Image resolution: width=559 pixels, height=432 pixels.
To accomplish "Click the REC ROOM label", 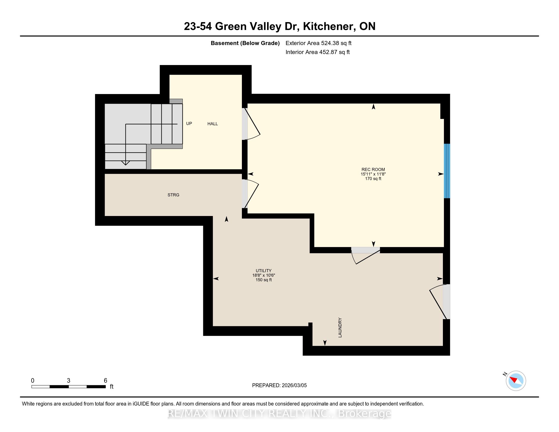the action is (373, 169).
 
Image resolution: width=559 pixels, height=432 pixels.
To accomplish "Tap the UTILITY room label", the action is (264, 271).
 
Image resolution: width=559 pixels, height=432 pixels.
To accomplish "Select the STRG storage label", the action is (173, 195).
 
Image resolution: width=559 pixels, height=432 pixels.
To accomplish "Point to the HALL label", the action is (212, 124).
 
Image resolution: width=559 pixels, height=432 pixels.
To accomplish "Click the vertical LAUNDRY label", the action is (340, 327).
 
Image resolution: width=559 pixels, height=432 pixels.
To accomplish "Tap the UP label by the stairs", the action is (189, 124).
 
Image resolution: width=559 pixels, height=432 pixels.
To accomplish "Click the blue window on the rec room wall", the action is (447, 171).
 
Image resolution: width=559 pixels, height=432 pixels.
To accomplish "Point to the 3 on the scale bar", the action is (69, 381).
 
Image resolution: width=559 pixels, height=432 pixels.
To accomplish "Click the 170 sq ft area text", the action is (373, 179).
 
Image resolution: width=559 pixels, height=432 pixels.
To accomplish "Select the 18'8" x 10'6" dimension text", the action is (264, 275).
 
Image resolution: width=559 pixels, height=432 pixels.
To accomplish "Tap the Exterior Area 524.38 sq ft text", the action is (319, 43).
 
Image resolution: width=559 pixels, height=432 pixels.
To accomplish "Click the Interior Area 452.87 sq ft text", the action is (318, 52).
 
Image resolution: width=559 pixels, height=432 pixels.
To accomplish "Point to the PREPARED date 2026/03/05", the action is (294, 385).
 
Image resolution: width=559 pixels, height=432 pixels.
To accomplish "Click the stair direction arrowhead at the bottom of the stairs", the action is (126, 163).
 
